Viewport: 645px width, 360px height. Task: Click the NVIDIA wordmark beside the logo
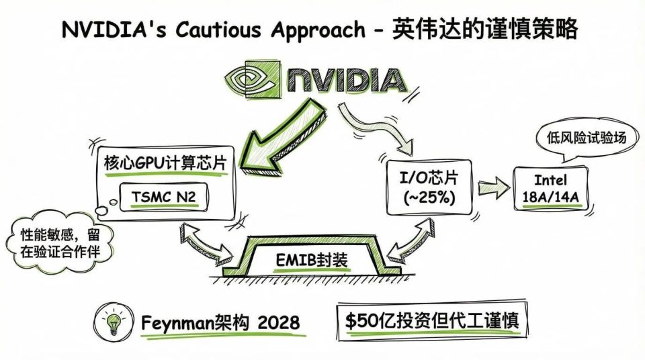click(345, 79)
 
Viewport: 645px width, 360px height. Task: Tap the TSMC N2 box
click(169, 195)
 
